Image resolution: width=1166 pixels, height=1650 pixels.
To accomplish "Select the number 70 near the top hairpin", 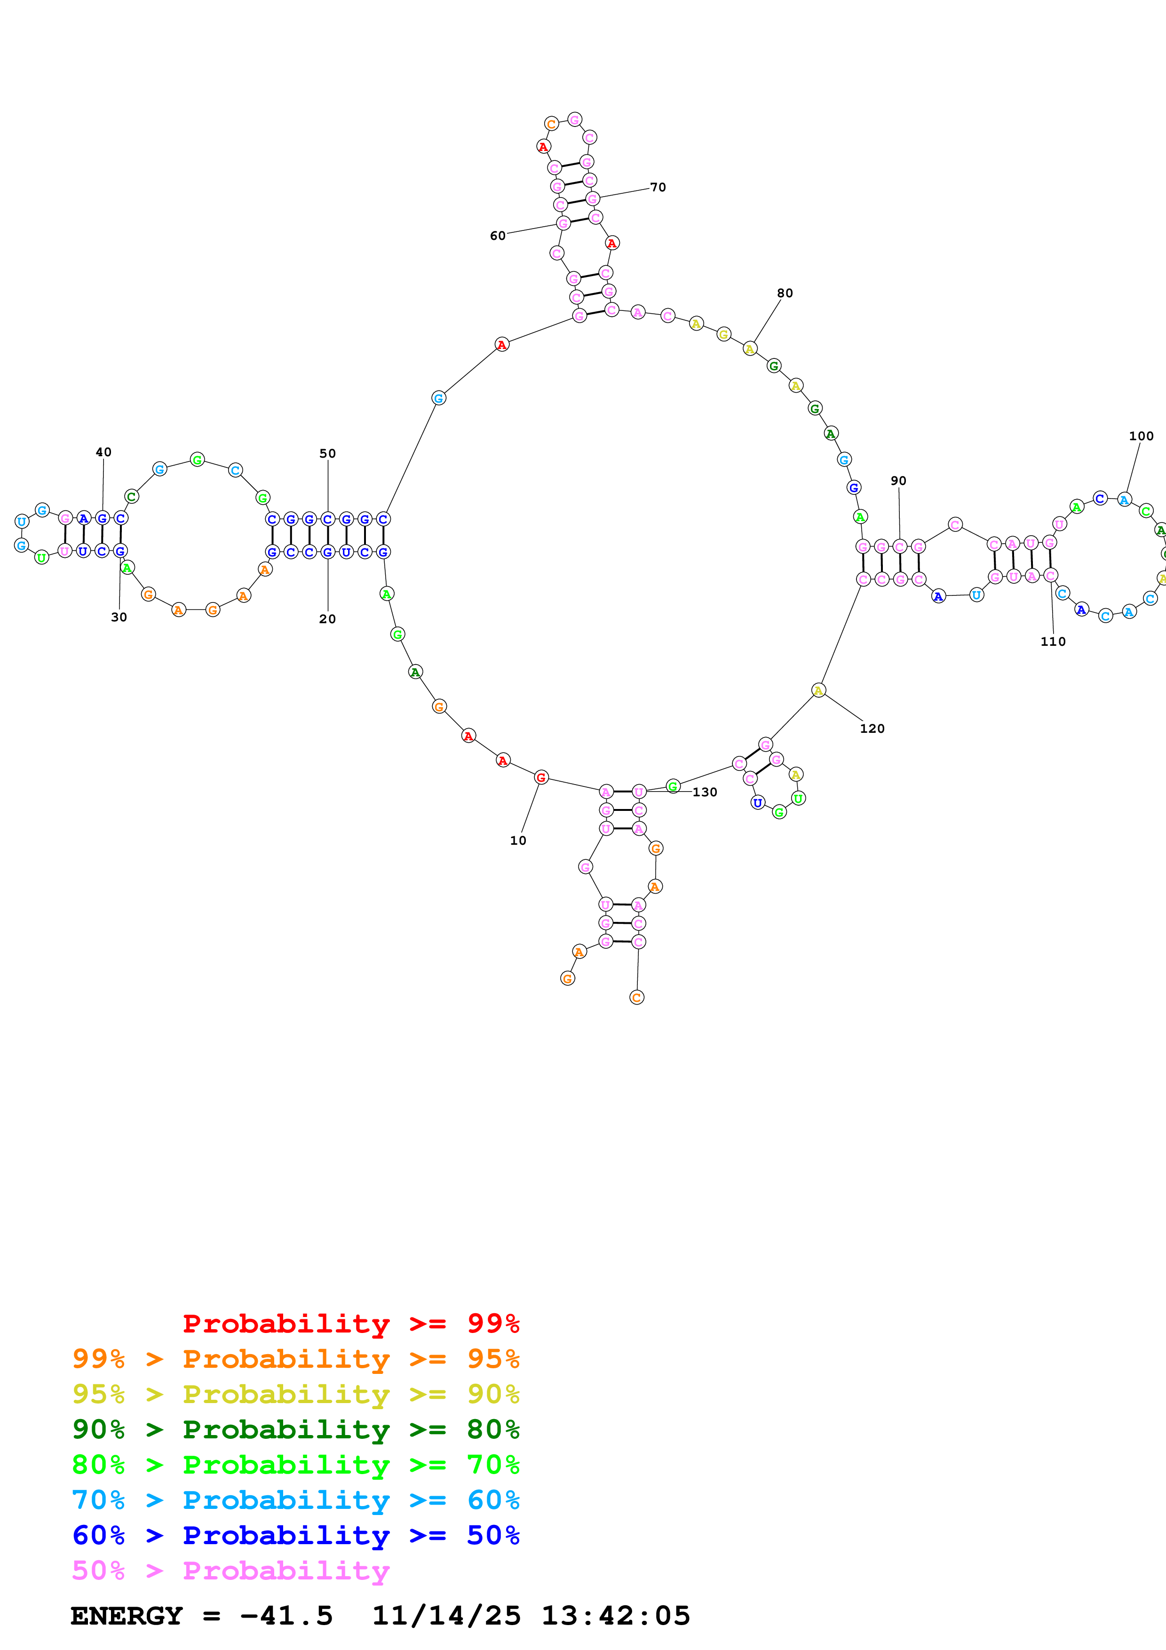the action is [658, 188].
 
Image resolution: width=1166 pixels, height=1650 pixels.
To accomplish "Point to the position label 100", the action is [1141, 436].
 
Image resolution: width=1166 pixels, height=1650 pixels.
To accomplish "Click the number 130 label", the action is [704, 792].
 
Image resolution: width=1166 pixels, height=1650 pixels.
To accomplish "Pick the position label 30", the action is [119, 617].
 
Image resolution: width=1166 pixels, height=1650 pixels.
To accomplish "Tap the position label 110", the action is [1053, 642].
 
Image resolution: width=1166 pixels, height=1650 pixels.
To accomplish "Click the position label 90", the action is [898, 481].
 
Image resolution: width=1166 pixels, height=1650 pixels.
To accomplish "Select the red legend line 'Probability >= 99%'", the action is [350, 1323].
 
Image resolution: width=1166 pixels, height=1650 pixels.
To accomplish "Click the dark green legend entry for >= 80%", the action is [295, 1429].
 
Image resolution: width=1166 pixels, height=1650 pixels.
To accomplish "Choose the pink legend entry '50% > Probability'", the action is [230, 1570].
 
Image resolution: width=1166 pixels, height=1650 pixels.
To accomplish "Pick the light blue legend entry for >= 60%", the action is [295, 1500].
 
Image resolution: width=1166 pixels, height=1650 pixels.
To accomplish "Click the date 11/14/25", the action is [445, 1616].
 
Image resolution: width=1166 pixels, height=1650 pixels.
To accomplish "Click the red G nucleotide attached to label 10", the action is [541, 777].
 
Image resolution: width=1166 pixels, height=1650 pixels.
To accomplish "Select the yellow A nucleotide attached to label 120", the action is [818, 690].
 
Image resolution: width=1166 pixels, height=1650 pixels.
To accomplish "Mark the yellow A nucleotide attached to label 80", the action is [749, 349].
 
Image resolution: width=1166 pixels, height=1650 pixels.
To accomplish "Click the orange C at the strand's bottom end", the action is [636, 998].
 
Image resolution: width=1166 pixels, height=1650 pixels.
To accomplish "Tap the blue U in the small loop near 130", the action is [757, 803].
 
